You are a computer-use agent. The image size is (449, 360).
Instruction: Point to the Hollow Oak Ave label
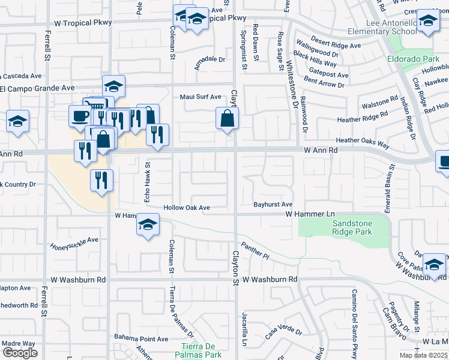[187, 208]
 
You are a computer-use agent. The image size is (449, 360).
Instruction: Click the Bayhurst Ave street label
[272, 205]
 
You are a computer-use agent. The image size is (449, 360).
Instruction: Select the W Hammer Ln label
[309, 214]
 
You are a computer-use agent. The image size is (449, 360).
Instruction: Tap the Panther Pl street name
[255, 250]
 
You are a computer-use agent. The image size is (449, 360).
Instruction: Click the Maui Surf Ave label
[201, 97]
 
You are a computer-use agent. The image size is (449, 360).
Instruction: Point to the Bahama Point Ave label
[142, 339]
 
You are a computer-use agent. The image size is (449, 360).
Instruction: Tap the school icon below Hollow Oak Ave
[148, 225]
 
